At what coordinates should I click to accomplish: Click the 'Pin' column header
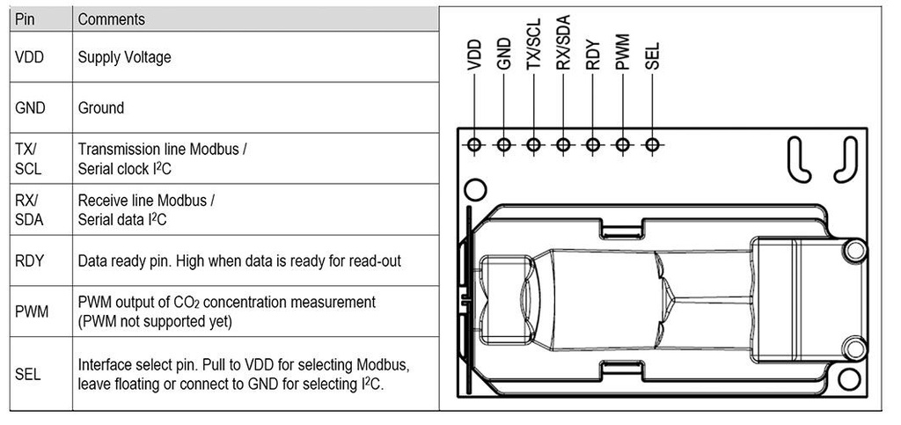point(26,18)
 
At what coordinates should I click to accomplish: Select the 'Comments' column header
point(111,18)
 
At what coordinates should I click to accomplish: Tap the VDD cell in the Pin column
point(30,57)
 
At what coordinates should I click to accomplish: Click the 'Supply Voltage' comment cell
point(124,57)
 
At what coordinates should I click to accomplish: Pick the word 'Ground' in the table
point(101,108)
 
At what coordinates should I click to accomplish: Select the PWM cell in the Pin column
point(32,311)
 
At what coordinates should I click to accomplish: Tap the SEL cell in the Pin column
point(28,373)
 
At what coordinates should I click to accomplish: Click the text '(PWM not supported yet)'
point(155,321)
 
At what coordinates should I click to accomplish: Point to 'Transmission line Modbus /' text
point(162,150)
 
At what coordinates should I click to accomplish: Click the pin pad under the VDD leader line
point(475,145)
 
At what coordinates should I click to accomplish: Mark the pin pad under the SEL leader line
point(652,145)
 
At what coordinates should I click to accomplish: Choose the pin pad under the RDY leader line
point(593,145)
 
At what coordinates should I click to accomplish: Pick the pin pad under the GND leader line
point(504,145)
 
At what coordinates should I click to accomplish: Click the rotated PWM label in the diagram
point(622,53)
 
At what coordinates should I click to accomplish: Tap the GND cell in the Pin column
point(31,108)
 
